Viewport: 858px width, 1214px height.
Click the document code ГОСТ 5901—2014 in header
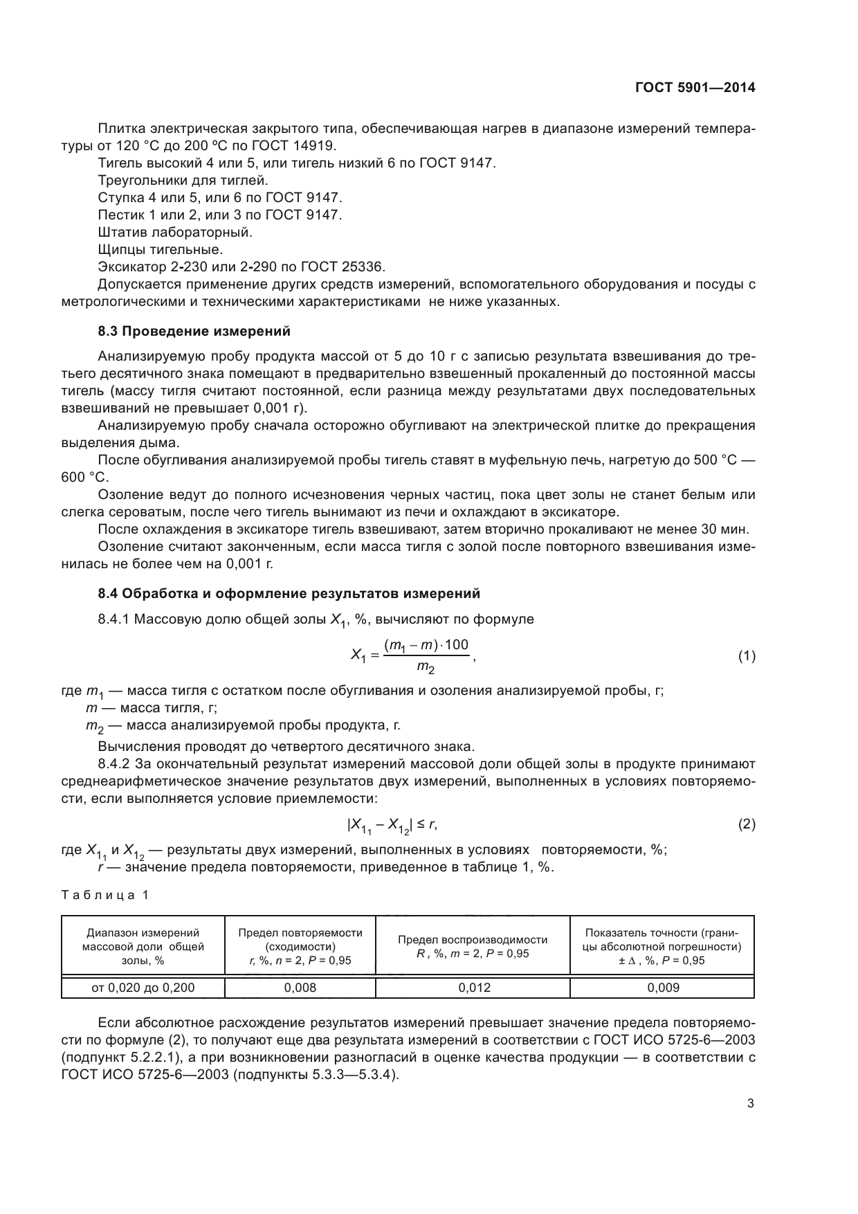694,88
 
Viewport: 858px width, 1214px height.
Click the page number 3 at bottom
750,1103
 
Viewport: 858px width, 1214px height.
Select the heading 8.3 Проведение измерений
194,331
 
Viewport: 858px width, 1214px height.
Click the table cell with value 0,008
300,988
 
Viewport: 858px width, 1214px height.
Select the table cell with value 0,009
663,988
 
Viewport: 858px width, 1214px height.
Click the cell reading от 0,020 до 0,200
143,988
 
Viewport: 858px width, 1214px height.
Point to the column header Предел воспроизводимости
473,940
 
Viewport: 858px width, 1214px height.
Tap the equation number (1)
747,656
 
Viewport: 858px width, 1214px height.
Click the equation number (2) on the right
747,824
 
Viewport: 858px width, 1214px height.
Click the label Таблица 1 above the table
104,895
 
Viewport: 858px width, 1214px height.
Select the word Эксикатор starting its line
129,266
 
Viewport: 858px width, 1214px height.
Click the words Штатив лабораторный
175,232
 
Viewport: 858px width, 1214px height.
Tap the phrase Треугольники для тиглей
183,180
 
